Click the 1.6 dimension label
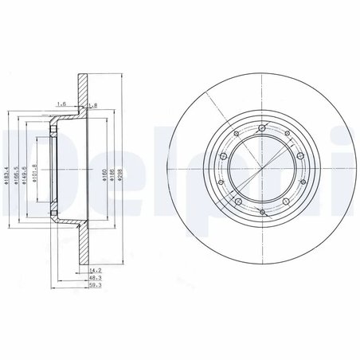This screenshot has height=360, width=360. (x=61, y=104)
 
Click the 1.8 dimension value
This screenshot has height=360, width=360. (x=93, y=104)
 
